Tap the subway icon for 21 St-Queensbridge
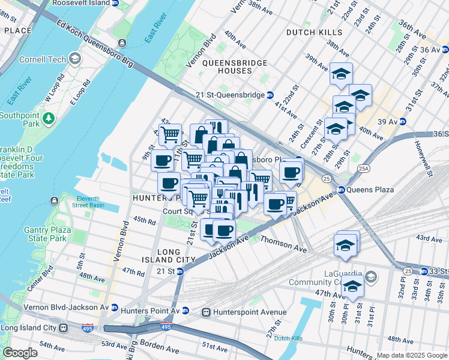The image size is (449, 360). [270, 95]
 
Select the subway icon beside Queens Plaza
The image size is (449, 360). [342, 190]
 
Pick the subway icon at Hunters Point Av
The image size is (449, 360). [185, 310]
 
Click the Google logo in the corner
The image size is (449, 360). [20, 353]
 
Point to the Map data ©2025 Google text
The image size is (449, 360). [411, 355]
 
